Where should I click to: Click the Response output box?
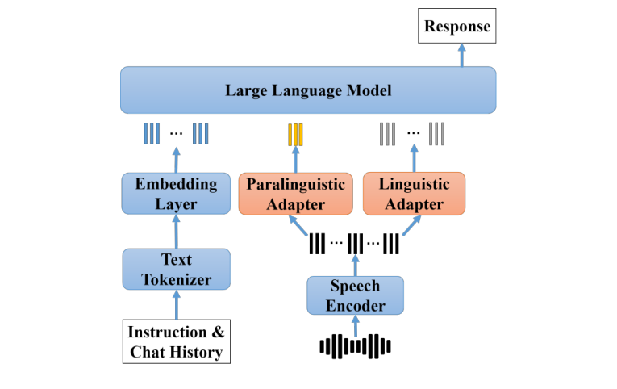tap(457, 26)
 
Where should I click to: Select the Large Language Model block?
tap(308, 90)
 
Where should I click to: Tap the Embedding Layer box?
tap(176, 193)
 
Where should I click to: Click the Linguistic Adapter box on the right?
tap(414, 194)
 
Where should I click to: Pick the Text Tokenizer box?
tap(176, 270)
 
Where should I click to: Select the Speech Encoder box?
tap(355, 295)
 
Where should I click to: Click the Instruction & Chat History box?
tap(176, 341)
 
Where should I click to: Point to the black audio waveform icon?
tap(355, 346)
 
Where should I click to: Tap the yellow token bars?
tap(295, 134)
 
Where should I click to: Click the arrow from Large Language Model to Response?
tap(462, 55)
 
